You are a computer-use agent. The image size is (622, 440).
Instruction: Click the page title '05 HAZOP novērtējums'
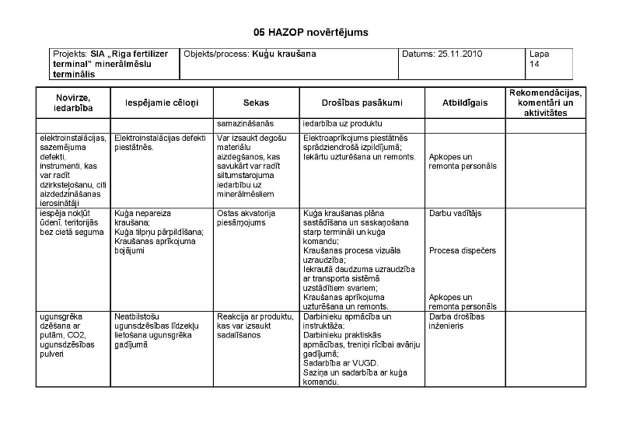click(x=310, y=33)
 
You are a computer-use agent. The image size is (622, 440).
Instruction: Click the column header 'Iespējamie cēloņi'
click(x=162, y=103)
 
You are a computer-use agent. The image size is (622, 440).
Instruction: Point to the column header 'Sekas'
click(x=256, y=103)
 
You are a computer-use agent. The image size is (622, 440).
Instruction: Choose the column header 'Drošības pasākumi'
click(x=362, y=103)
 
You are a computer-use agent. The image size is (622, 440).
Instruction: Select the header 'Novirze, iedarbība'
click(x=73, y=103)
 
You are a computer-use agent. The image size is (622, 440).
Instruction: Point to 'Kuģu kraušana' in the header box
click(x=284, y=54)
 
